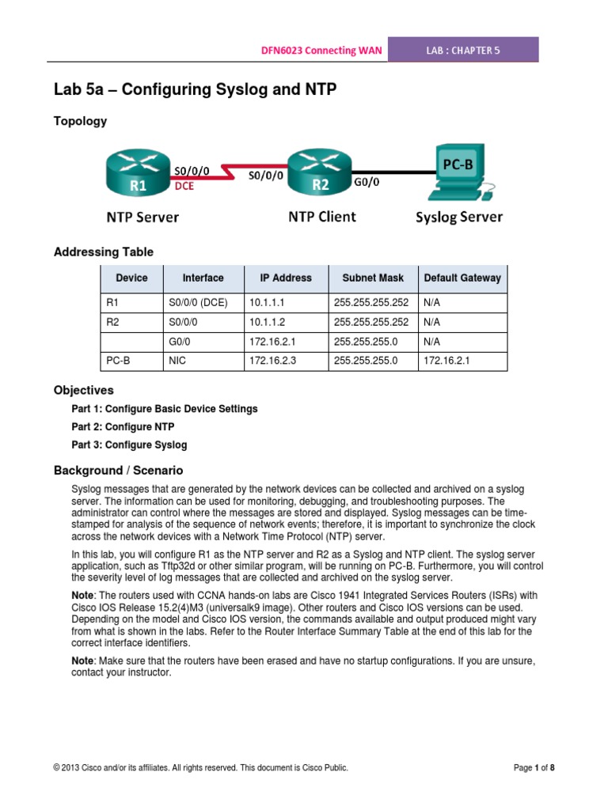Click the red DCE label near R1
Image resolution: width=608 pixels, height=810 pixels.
pyautogui.click(x=184, y=187)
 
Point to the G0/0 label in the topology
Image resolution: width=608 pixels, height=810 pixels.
pyautogui.click(x=365, y=182)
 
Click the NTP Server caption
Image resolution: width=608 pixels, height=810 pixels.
pyautogui.click(x=142, y=217)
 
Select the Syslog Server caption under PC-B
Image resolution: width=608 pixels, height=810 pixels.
pyautogui.click(x=459, y=217)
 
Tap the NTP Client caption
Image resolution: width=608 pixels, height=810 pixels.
pyautogui.click(x=321, y=216)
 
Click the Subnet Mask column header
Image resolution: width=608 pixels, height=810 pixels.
pyautogui.click(x=373, y=278)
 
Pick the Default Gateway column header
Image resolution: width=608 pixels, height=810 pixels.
pyautogui.click(x=462, y=278)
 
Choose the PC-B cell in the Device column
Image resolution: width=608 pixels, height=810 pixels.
pyautogui.click(x=117, y=361)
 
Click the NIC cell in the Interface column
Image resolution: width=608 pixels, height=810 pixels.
pyautogui.click(x=177, y=361)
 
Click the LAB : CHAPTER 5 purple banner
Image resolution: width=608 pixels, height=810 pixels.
pyautogui.click(x=471, y=50)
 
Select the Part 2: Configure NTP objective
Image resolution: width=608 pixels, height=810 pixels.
pyautogui.click(x=123, y=427)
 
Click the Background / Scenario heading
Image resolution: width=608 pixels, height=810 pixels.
pyautogui.click(x=118, y=471)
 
